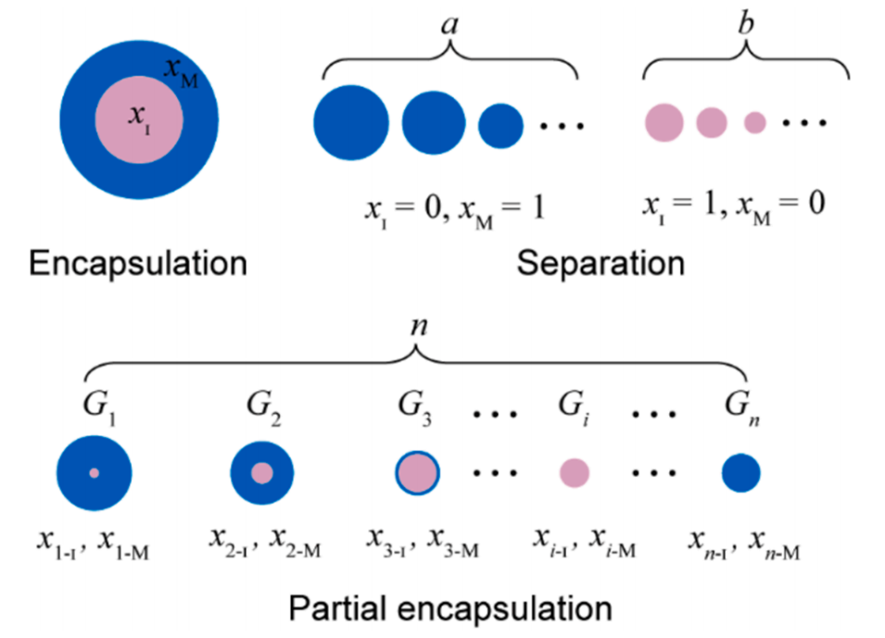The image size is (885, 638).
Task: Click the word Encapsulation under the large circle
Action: pyautogui.click(x=138, y=264)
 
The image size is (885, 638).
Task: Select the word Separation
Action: pyautogui.click(x=601, y=264)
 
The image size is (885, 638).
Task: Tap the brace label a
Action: pyautogui.click(x=450, y=26)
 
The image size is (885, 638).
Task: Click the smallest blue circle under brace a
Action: pyautogui.click(x=500, y=124)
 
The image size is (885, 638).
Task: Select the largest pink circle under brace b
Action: pyautogui.click(x=664, y=123)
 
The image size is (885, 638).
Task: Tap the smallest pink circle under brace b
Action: pyautogui.click(x=755, y=122)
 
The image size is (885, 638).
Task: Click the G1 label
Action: pyautogui.click(x=95, y=407)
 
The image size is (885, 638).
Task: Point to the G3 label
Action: pyautogui.click(x=416, y=407)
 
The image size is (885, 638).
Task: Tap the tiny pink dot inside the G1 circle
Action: pyautogui.click(x=94, y=473)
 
